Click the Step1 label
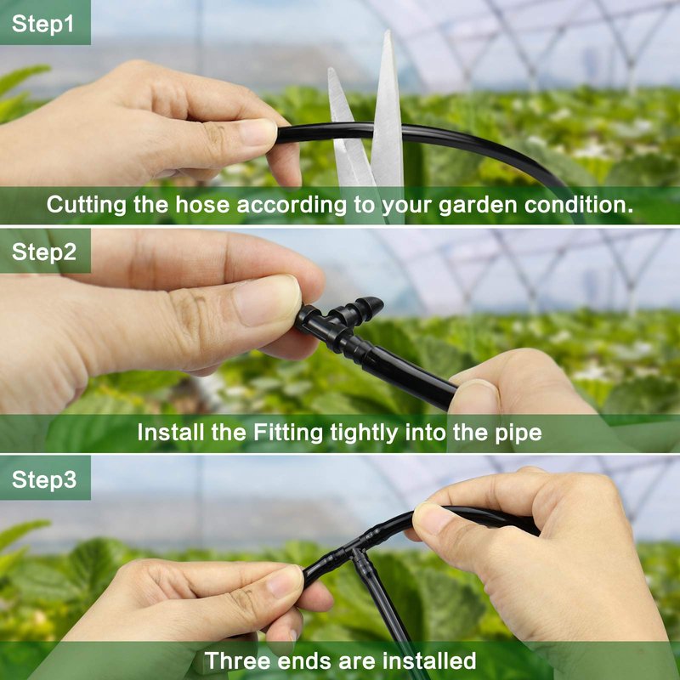[42, 24]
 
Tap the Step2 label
[44, 252]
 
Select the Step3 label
[44, 479]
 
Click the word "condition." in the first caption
[579, 204]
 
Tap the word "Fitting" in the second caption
[288, 433]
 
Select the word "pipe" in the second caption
[518, 433]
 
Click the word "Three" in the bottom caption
[237, 661]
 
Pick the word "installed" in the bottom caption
[429, 660]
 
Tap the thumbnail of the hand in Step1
[258, 132]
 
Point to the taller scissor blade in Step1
[388, 109]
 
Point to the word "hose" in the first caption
[202, 205]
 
